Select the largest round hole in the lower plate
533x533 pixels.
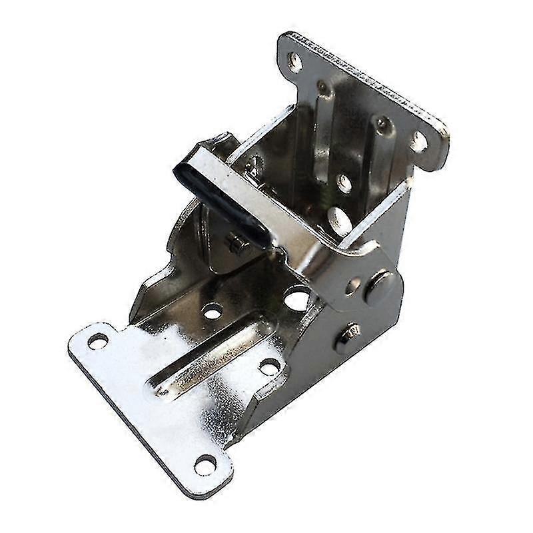297,298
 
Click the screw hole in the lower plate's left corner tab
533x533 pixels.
98,341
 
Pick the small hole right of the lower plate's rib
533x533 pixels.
269,365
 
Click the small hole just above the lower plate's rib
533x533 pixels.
213,310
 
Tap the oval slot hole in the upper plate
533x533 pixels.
339,218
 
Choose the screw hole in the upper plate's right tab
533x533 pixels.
418,141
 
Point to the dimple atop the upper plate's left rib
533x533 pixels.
323,87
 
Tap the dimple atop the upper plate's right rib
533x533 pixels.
382,124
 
